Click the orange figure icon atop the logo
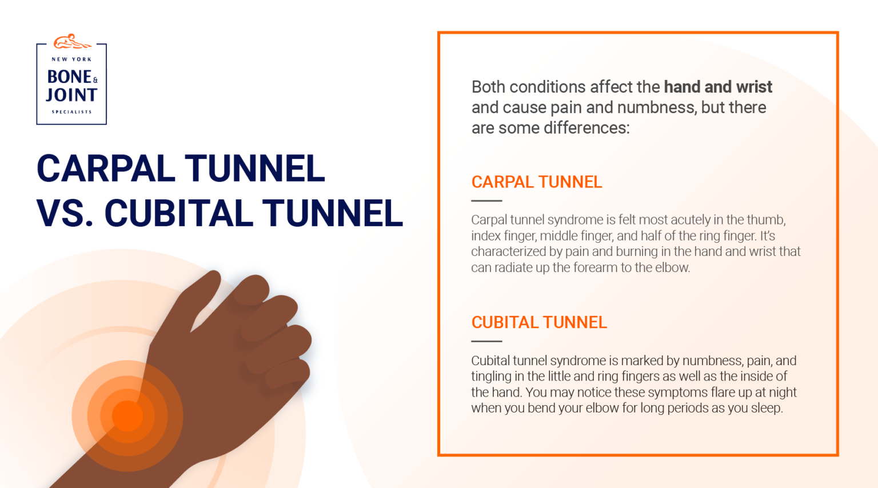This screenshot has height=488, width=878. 71,42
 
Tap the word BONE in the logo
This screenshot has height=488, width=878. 69,77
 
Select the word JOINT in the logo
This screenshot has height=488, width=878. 71,95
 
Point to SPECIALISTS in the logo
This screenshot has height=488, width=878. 71,112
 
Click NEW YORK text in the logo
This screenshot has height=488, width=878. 71,59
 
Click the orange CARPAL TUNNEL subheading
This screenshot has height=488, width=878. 536,182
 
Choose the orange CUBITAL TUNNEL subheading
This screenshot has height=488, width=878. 538,322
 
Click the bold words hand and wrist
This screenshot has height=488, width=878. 717,87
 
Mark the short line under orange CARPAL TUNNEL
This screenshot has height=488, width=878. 486,201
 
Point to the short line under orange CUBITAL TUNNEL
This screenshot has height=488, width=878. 486,341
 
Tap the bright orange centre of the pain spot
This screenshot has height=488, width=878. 127,415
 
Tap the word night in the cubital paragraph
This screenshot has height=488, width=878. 781,393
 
